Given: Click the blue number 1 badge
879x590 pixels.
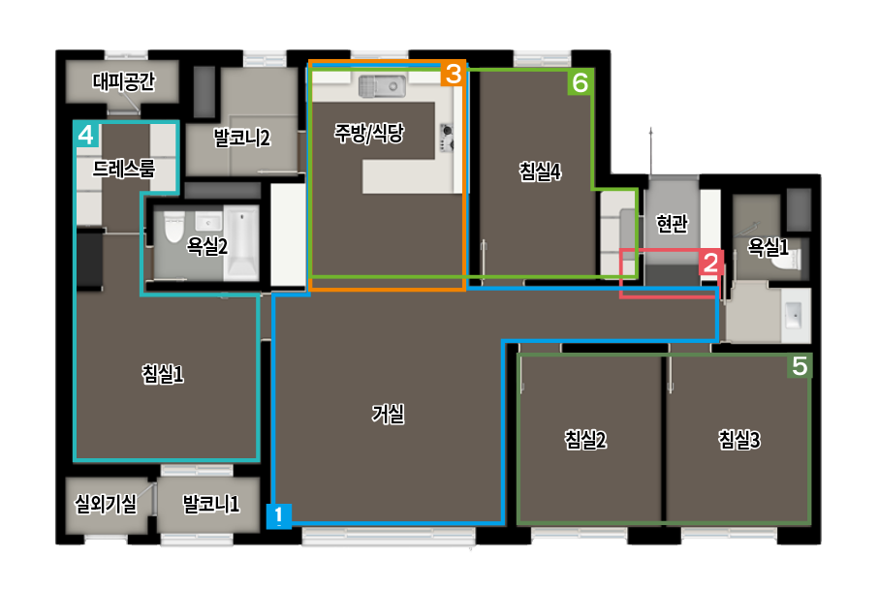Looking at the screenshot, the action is (x=278, y=516).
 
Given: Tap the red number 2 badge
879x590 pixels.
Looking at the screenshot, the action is (x=710, y=263).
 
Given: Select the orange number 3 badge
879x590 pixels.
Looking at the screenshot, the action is (x=453, y=74).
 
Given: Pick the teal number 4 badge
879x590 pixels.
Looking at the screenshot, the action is (x=86, y=135).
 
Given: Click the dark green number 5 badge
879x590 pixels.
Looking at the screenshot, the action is (x=800, y=366).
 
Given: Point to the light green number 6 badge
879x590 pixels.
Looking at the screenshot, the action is (x=581, y=82).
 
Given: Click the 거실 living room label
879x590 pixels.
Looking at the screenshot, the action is (x=388, y=414).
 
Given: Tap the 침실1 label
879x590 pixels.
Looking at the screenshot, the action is (x=163, y=374).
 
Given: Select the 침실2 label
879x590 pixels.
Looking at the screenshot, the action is (x=585, y=440).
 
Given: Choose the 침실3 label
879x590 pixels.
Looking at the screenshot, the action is (x=739, y=440).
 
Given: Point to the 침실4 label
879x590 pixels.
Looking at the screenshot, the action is (x=540, y=171).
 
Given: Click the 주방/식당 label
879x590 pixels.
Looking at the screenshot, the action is (x=369, y=133).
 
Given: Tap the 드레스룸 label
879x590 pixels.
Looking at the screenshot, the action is (x=123, y=169).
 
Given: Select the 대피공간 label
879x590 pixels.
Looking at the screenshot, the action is (x=123, y=81).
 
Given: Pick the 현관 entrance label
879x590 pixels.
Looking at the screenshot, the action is (x=672, y=224).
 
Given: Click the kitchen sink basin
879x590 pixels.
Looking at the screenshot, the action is (x=382, y=86).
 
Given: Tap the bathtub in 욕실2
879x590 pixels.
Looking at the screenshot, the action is (x=241, y=242).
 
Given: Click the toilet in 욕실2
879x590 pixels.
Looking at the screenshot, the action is (x=174, y=227).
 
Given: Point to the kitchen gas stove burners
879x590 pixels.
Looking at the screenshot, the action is (x=447, y=138).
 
